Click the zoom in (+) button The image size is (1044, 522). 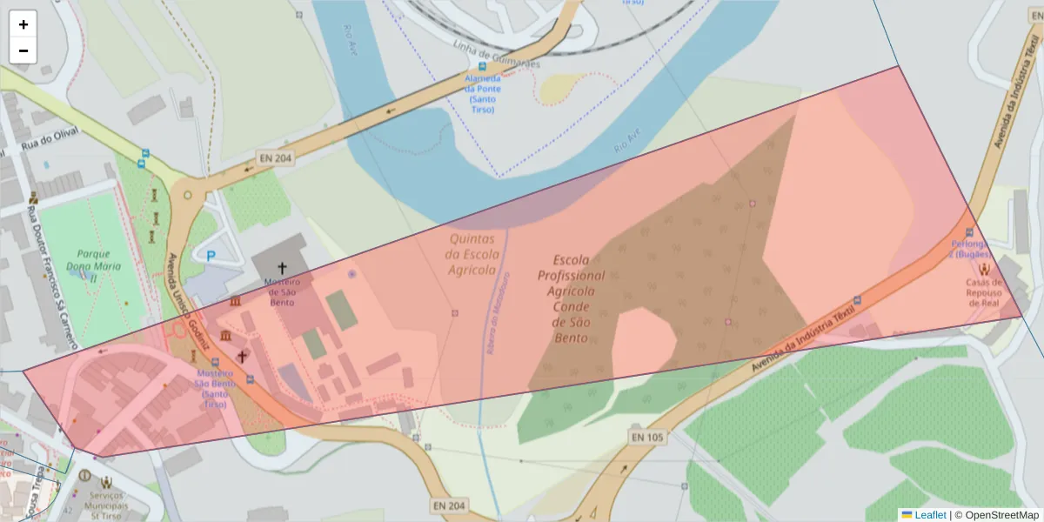[x=23, y=24]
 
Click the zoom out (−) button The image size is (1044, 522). [x=23, y=50]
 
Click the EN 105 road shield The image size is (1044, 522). [x=646, y=436]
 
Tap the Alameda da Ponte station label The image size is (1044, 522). [x=482, y=93]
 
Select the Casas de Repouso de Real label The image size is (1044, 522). [x=984, y=293]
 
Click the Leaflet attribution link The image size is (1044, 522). [x=930, y=514]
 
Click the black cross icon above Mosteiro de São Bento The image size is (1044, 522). [x=282, y=267]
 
